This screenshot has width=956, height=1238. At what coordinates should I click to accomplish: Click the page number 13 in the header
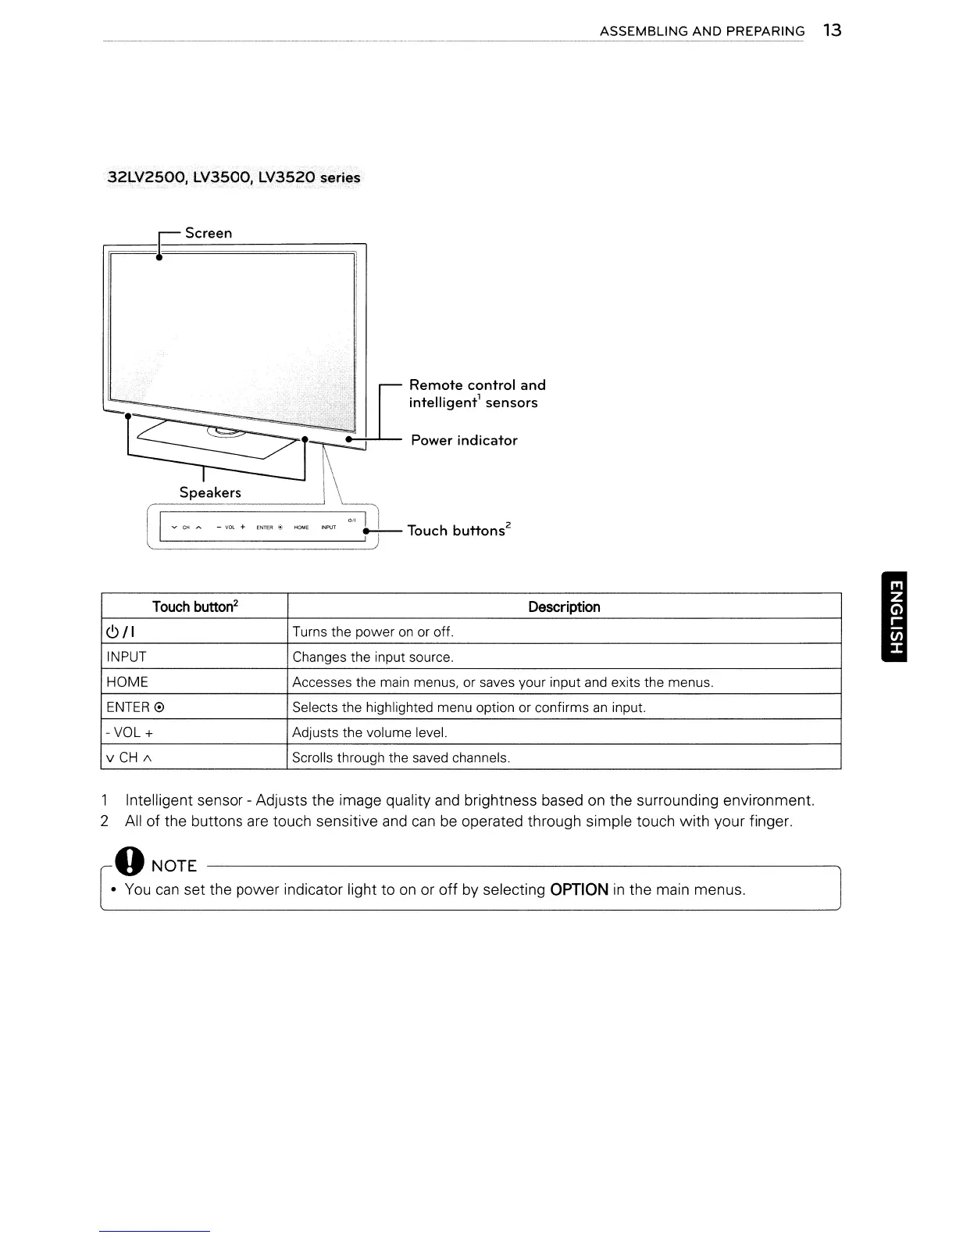(x=832, y=30)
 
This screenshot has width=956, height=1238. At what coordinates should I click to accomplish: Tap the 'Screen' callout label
(x=209, y=233)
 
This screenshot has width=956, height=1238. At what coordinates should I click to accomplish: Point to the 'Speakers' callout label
(x=210, y=492)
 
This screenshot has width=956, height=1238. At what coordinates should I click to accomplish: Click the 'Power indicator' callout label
(x=464, y=440)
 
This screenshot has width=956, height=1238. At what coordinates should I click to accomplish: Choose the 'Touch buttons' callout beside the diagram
(x=459, y=530)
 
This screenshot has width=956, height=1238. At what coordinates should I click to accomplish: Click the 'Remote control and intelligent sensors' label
(x=476, y=394)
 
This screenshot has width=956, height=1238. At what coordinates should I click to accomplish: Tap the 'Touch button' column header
(x=194, y=606)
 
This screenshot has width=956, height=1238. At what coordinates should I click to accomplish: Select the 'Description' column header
(x=564, y=606)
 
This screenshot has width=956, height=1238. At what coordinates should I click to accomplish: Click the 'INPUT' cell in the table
(x=127, y=657)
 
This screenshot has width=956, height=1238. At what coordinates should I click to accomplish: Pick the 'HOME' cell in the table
(x=127, y=682)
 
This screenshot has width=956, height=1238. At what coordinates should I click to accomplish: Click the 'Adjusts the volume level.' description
(x=369, y=732)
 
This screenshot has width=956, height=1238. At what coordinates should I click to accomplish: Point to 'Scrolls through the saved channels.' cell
(x=401, y=757)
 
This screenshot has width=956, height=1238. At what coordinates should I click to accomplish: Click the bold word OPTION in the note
(x=579, y=889)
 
